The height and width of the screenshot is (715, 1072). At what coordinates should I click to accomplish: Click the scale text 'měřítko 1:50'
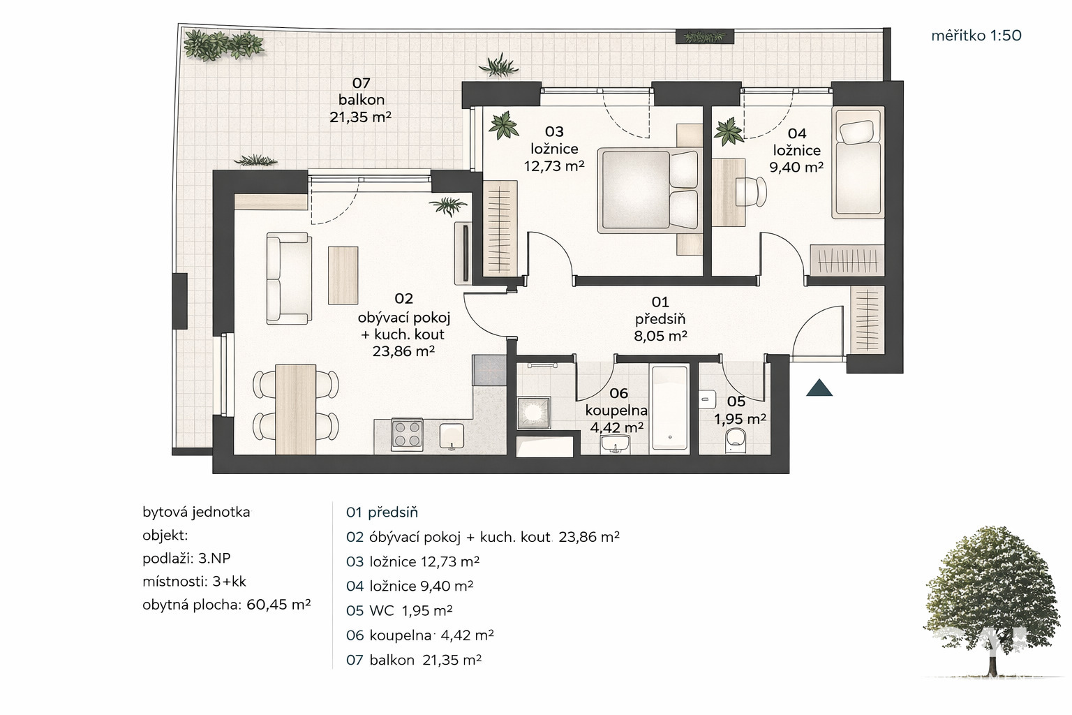976,36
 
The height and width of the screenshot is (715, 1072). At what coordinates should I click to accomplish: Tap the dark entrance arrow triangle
819,388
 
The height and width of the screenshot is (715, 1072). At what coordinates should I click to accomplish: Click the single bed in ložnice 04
858,163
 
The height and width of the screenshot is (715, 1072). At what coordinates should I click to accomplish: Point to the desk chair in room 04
751,191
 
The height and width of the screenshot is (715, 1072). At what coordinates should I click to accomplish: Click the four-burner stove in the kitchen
407,435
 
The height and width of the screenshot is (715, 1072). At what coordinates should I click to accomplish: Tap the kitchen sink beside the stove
452,437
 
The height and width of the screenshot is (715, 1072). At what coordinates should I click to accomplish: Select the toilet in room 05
735,441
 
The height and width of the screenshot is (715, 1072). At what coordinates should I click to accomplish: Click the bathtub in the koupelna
669,408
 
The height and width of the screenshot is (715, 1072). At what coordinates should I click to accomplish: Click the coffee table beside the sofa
343,275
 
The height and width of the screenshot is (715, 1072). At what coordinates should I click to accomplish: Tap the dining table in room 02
296,409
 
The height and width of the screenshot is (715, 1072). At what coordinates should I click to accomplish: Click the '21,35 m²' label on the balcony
360,117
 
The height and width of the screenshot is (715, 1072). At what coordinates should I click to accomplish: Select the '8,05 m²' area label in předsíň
660,336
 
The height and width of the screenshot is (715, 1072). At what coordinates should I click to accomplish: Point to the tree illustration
992,600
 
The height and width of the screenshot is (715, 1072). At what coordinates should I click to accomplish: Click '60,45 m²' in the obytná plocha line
278,605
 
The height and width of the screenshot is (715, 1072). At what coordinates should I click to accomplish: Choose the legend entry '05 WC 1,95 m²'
399,610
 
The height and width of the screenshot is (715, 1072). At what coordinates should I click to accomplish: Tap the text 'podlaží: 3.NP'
186,559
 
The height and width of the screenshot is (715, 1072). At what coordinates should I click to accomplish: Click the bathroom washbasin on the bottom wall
615,444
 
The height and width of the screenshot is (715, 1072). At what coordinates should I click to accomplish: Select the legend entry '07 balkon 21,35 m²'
413,660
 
